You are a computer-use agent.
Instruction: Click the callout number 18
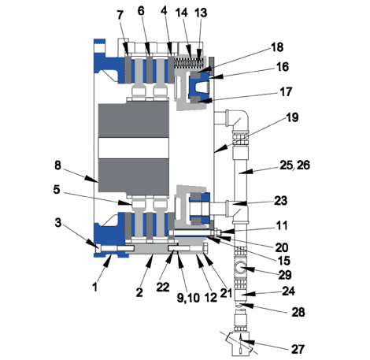[x=277, y=47]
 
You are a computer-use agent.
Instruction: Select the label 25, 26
[x=294, y=165]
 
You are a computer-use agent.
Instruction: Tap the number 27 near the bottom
[x=298, y=349]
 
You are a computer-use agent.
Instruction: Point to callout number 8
[x=57, y=165]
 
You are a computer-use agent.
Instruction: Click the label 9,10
[x=188, y=298]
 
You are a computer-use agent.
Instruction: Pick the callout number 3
[x=58, y=223]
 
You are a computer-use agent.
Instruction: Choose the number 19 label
[x=292, y=117]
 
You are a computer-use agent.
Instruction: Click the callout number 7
[x=120, y=15]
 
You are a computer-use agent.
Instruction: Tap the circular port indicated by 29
[x=241, y=269]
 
